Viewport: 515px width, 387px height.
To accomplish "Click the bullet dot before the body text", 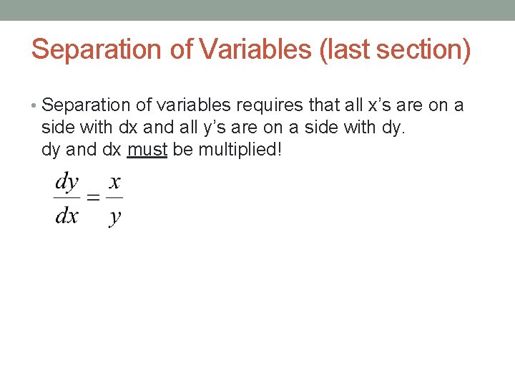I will pos(35,106).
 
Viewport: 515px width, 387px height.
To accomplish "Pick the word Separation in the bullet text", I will pos(86,106).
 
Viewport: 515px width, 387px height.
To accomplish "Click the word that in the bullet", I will pos(323,106).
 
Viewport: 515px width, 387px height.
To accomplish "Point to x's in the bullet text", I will pos(376,106).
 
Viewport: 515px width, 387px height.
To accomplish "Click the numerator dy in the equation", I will pos(67,182).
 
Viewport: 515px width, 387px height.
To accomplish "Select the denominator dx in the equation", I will pos(67,215).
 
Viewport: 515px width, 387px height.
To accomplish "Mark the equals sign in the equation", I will pos(93,198).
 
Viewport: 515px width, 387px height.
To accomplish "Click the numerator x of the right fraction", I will pos(114,182).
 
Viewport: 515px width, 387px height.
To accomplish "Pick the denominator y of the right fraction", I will pos(114,216).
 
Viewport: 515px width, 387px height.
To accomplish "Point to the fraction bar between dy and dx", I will pos(67,198).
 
